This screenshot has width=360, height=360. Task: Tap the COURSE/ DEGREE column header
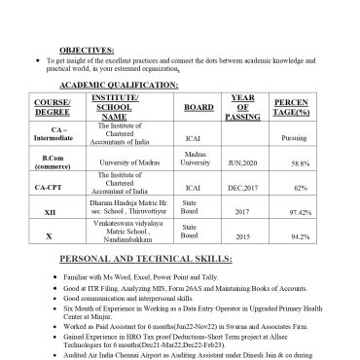coord(53,107)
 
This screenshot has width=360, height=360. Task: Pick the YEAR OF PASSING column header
coord(242,107)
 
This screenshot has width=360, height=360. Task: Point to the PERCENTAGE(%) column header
coord(292,107)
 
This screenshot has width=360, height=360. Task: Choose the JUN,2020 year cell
coord(242,163)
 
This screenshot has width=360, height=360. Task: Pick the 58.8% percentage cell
coord(300,163)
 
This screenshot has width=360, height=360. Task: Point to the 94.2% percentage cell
coord(300,236)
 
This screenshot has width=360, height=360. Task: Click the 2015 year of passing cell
coord(242,236)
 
